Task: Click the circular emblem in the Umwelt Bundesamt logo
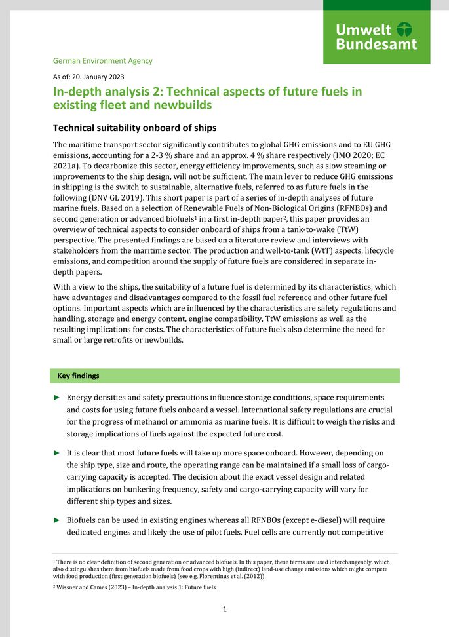[406, 29]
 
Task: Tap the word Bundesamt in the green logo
[376, 45]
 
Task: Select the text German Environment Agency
[102, 61]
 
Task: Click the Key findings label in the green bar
[78, 376]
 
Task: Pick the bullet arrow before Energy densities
[57, 398]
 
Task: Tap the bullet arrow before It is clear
[57, 453]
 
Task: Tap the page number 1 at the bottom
[224, 609]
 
